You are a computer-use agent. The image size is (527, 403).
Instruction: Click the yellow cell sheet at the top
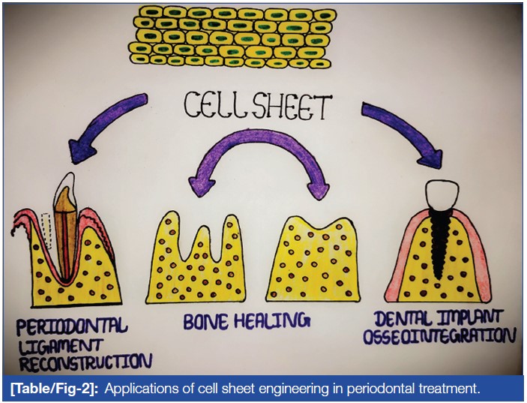click(232, 37)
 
